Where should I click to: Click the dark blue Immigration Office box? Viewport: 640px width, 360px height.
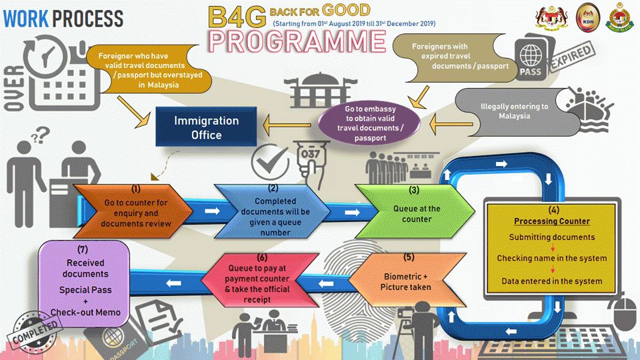[206, 127]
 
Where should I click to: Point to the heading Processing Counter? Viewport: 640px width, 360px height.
[552, 221]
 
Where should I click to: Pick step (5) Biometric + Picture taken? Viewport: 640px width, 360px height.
[405, 277]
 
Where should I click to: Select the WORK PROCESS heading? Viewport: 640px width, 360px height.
[63, 18]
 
